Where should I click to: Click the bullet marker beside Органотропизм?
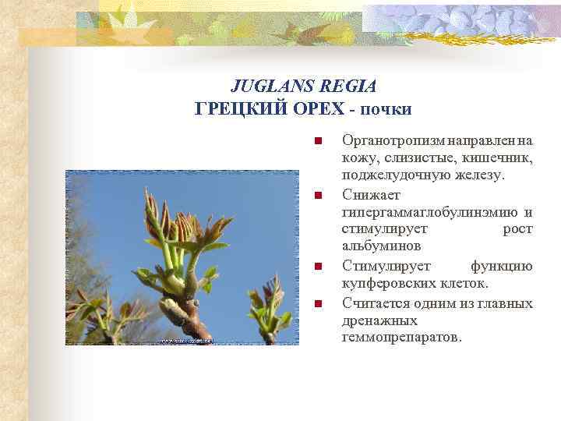[x=317, y=141]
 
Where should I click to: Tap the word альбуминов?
[x=382, y=246]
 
